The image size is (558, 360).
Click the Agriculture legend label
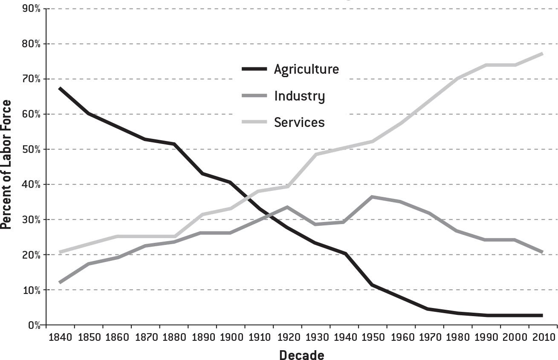(306, 69)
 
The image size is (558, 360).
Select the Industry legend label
(299, 96)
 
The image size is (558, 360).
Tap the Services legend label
(299, 123)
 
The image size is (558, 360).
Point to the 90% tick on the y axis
(32, 9)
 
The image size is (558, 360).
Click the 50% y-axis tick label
(32, 150)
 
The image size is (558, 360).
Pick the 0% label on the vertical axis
(34, 325)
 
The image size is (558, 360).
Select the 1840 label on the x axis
(60, 337)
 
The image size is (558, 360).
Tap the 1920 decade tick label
(287, 337)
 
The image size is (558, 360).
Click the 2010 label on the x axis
(543, 337)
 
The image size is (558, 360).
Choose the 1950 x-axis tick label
(372, 337)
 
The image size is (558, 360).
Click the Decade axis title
(301, 354)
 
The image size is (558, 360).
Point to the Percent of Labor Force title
(6, 164)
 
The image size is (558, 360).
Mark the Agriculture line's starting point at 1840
(60, 88)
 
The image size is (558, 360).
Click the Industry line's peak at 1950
(372, 197)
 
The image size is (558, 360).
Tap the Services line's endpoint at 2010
(543, 54)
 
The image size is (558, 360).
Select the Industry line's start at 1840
(60, 282)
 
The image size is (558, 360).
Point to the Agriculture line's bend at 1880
(174, 144)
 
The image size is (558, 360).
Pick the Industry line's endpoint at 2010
(543, 252)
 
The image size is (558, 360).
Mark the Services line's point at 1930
(315, 154)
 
